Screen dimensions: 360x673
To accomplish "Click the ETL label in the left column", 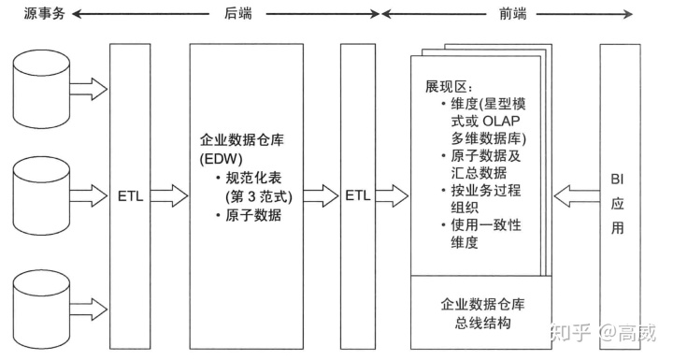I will point(130,197).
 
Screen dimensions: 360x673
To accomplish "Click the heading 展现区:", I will point(450,87).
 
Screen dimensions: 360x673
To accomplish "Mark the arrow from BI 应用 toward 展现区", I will point(572,197).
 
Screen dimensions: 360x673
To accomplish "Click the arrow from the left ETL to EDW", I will point(168,197).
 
